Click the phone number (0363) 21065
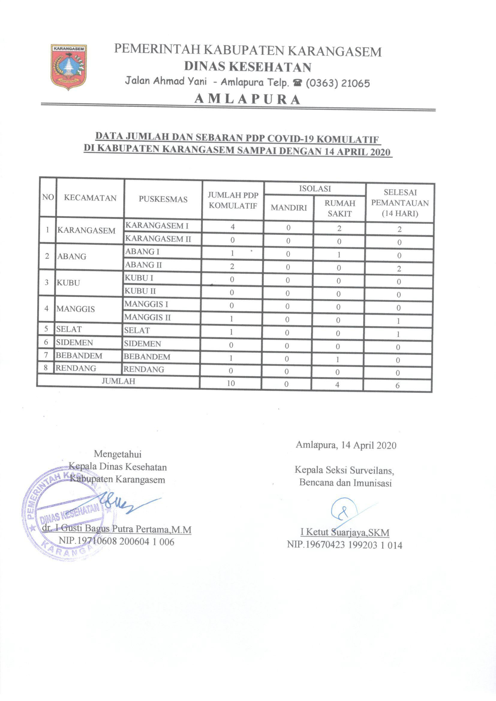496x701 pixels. click(338, 83)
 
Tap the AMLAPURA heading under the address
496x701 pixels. click(247, 99)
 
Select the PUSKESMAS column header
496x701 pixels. click(163, 199)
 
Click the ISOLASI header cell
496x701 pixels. click(315, 189)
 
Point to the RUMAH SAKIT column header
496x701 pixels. click(340, 208)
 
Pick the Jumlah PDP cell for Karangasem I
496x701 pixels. click(233, 227)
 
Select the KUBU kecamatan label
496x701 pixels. click(68, 283)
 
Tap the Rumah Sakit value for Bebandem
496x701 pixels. click(337, 360)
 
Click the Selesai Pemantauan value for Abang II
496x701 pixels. click(399, 269)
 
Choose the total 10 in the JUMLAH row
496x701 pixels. click(231, 383)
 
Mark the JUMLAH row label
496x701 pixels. click(118, 381)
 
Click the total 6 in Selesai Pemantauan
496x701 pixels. click(397, 386)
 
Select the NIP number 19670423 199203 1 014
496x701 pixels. click(345, 545)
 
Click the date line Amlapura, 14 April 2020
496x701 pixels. click(346, 445)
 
